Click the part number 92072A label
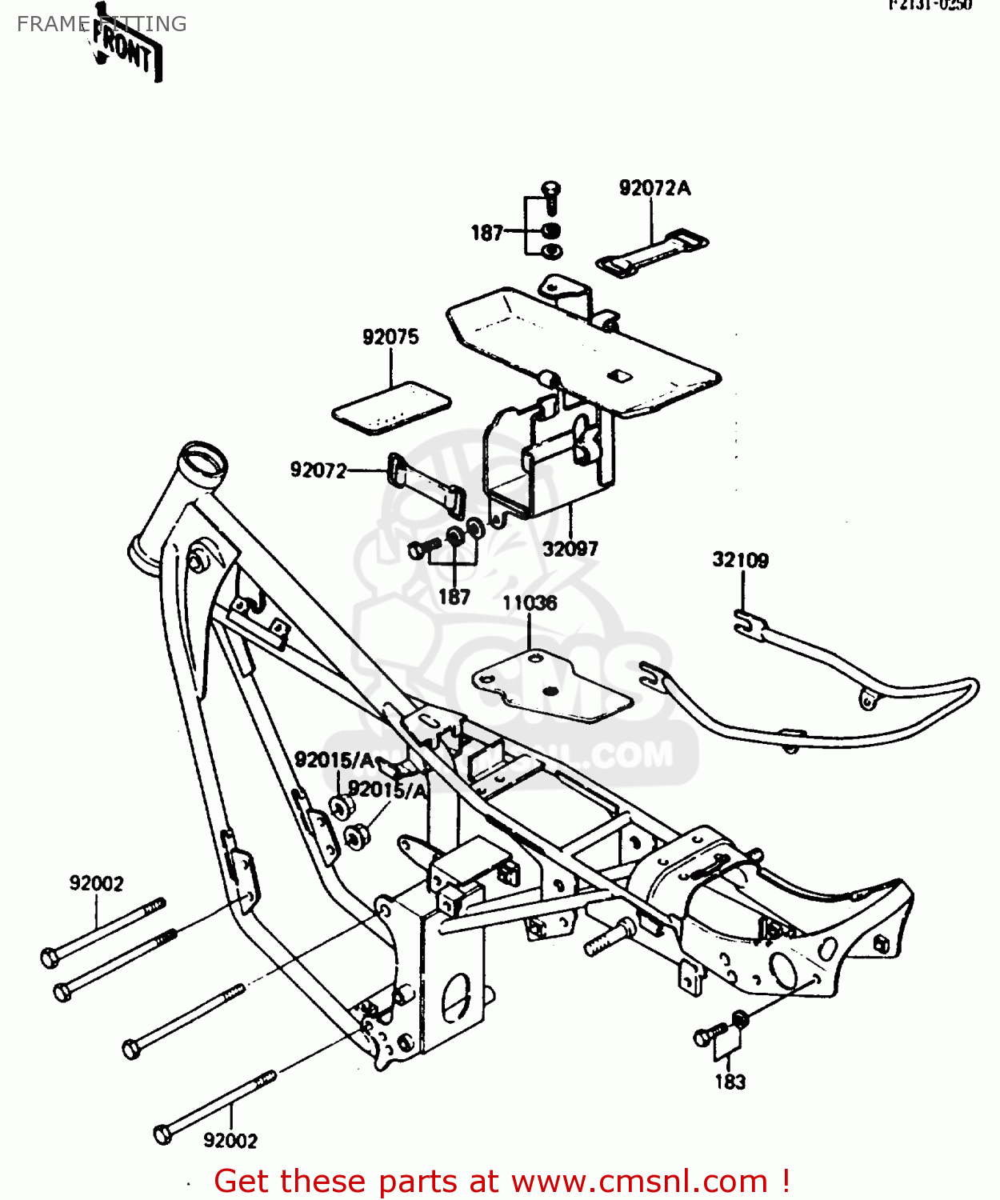pyautogui.click(x=654, y=188)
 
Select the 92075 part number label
pyautogui.click(x=390, y=337)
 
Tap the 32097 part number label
pyautogui.click(x=570, y=549)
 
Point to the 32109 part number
pyautogui.click(x=740, y=560)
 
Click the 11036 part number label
pyautogui.click(x=530, y=602)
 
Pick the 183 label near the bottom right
pyautogui.click(x=730, y=1082)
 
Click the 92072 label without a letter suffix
pyautogui.click(x=318, y=470)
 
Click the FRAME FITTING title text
pyautogui.click(x=102, y=24)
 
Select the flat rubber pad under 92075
pyautogui.click(x=391, y=407)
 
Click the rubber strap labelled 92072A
pyautogui.click(x=652, y=251)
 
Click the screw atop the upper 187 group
pyautogui.click(x=551, y=190)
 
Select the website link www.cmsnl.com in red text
pyautogui.click(x=638, y=1181)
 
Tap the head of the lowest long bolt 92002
pyautogui.click(x=162, y=1133)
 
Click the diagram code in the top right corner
pyautogui.click(x=930, y=5)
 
